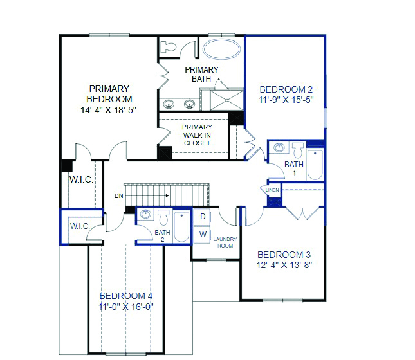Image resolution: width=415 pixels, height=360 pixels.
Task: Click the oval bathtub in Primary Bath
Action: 222,49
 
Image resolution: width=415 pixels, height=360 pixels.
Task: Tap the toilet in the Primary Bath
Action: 169,47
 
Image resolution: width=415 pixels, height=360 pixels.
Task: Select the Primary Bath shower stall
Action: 226,100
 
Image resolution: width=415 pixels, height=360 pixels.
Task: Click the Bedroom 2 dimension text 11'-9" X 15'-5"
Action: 286,100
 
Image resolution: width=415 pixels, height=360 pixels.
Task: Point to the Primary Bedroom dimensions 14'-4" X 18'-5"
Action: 109,110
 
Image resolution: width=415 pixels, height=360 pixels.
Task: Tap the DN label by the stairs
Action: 119,195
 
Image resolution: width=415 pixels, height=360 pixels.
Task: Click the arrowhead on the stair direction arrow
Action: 167,195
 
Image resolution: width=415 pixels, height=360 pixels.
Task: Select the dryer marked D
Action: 203,217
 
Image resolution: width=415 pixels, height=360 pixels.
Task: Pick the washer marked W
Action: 203,235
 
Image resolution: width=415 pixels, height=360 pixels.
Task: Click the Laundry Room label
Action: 225,242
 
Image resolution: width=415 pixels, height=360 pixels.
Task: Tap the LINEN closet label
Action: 272,190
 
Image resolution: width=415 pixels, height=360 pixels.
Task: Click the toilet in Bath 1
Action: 299,150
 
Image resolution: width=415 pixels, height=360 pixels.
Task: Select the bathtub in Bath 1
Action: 315,164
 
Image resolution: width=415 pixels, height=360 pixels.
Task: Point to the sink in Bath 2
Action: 145,213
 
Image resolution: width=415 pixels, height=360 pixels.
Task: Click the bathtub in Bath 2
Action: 181,227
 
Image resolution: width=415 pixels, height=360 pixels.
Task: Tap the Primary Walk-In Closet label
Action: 197,135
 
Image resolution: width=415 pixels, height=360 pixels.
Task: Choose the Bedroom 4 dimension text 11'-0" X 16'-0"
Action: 126,307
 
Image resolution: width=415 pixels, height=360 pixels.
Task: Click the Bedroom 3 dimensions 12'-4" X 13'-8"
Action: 284,265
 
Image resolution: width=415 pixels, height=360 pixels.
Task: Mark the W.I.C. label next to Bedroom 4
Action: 80,226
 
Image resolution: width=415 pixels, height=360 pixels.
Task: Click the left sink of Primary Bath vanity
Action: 169,104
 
